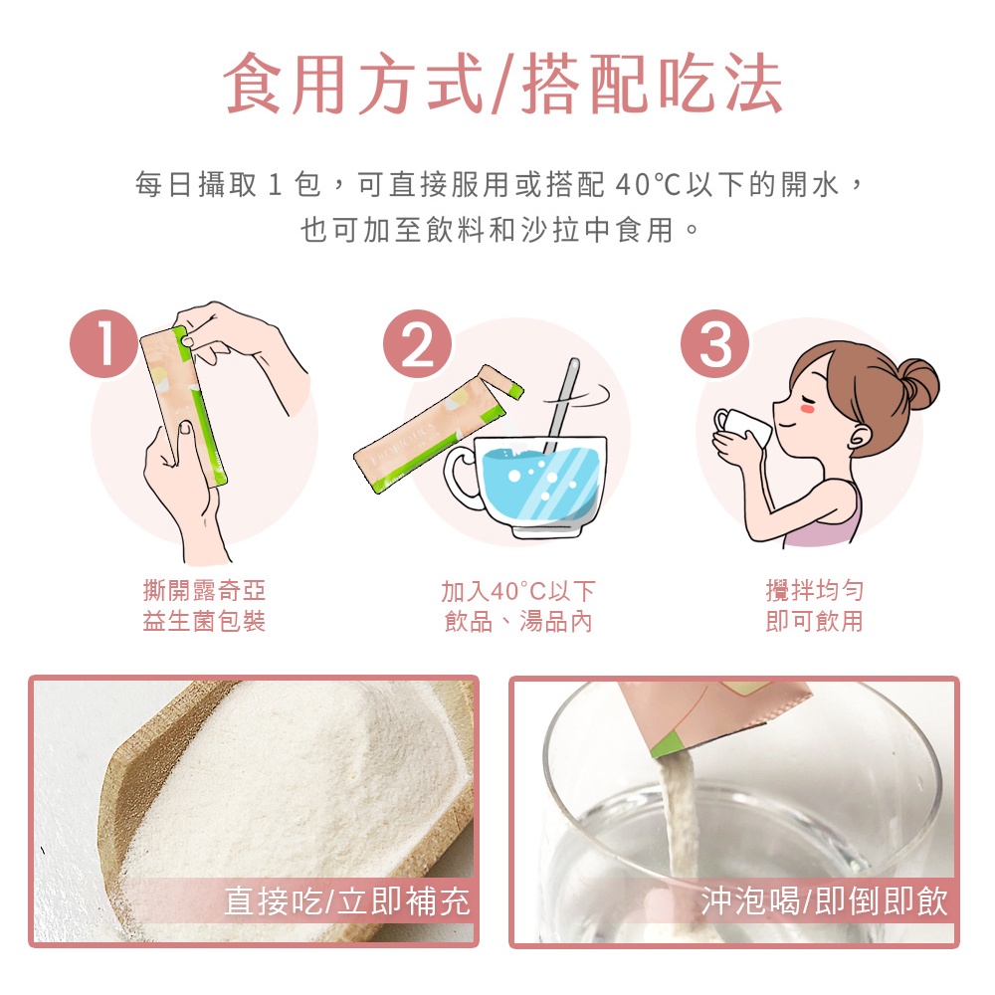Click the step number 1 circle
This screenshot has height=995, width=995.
(x=104, y=344)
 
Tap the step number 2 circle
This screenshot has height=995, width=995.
(x=417, y=344)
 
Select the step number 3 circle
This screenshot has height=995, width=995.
(x=714, y=344)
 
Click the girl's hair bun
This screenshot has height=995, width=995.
(x=914, y=384)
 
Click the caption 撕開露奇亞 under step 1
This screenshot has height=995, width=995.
(x=204, y=591)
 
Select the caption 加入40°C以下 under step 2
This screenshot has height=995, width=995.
(x=517, y=591)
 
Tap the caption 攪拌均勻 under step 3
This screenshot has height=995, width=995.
(x=814, y=591)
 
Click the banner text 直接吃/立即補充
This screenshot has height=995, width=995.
(x=347, y=901)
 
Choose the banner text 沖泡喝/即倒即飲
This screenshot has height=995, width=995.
(x=824, y=901)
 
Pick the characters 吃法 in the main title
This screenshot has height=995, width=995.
(x=720, y=84)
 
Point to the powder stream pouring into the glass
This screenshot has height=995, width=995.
(x=677, y=819)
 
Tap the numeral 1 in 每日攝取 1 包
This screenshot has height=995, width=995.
(x=275, y=185)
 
